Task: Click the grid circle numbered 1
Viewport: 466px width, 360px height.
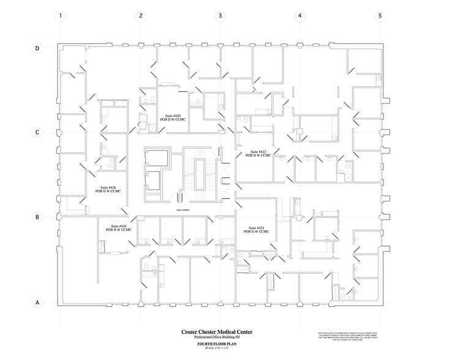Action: click(61, 17)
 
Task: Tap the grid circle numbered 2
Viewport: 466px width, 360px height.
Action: click(141, 17)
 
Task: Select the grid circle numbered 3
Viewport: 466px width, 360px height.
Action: click(220, 17)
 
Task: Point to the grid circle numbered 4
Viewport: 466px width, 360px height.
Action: click(300, 17)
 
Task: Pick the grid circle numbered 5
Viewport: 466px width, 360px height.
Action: click(380, 17)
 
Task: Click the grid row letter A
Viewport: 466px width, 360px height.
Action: click(37, 302)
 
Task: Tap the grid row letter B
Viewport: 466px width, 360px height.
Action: click(37, 217)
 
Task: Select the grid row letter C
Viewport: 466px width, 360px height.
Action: click(37, 132)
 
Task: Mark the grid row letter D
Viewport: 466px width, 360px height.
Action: click(37, 48)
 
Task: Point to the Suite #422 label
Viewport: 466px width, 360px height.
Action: click(258, 154)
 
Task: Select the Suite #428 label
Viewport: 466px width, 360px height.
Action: click(108, 190)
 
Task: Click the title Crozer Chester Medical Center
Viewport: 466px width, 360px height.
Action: click(216, 332)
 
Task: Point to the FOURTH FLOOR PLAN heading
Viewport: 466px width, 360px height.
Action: click(216, 344)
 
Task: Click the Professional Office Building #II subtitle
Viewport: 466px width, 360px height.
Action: click(216, 338)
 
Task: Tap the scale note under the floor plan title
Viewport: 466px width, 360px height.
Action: click(216, 349)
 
